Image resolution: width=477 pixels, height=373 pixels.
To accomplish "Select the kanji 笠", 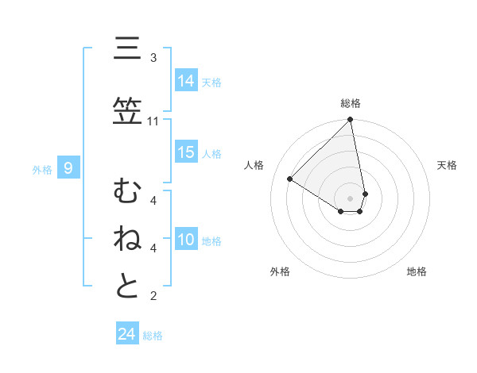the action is [127, 112].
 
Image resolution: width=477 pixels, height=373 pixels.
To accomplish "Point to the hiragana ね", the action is [127, 238].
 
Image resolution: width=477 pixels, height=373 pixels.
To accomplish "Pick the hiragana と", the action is [127, 285].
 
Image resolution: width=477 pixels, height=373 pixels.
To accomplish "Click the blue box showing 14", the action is [186, 81].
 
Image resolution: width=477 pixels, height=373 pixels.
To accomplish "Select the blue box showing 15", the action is [186, 152].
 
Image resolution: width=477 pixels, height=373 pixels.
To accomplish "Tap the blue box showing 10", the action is [186, 240].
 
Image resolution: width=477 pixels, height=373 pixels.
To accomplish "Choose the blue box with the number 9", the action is [69, 168].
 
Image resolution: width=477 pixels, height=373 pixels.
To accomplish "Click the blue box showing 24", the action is [127, 334].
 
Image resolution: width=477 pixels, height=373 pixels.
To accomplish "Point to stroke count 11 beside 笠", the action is [153, 121].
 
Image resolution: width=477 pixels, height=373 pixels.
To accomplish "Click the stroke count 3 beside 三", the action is [153, 58].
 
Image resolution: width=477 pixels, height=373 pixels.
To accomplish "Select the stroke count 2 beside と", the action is [153, 297].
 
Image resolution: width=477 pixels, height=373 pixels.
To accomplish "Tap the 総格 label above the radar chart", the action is [351, 103].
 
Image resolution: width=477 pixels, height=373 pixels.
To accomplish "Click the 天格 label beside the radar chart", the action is [447, 165].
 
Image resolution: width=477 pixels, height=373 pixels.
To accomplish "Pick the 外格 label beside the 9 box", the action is [42, 169].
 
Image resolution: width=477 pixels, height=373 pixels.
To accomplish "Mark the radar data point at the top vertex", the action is [351, 120].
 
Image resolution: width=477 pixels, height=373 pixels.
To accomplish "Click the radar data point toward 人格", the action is [290, 179].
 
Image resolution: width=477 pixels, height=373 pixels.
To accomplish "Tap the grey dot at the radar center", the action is [351, 198].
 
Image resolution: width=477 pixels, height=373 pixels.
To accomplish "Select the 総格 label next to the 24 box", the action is [153, 336].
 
